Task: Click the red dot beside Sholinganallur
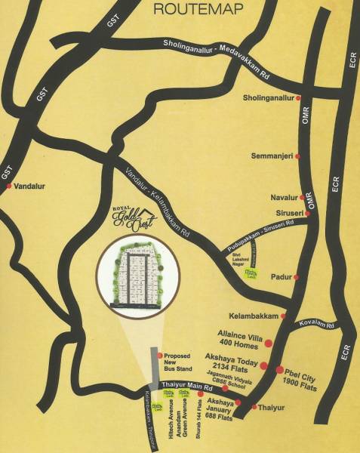click(x=299, y=98)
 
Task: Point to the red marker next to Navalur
click(x=299, y=198)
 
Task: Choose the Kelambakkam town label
click(x=260, y=315)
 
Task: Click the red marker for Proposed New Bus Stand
click(x=158, y=356)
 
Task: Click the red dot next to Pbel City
click(x=279, y=370)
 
